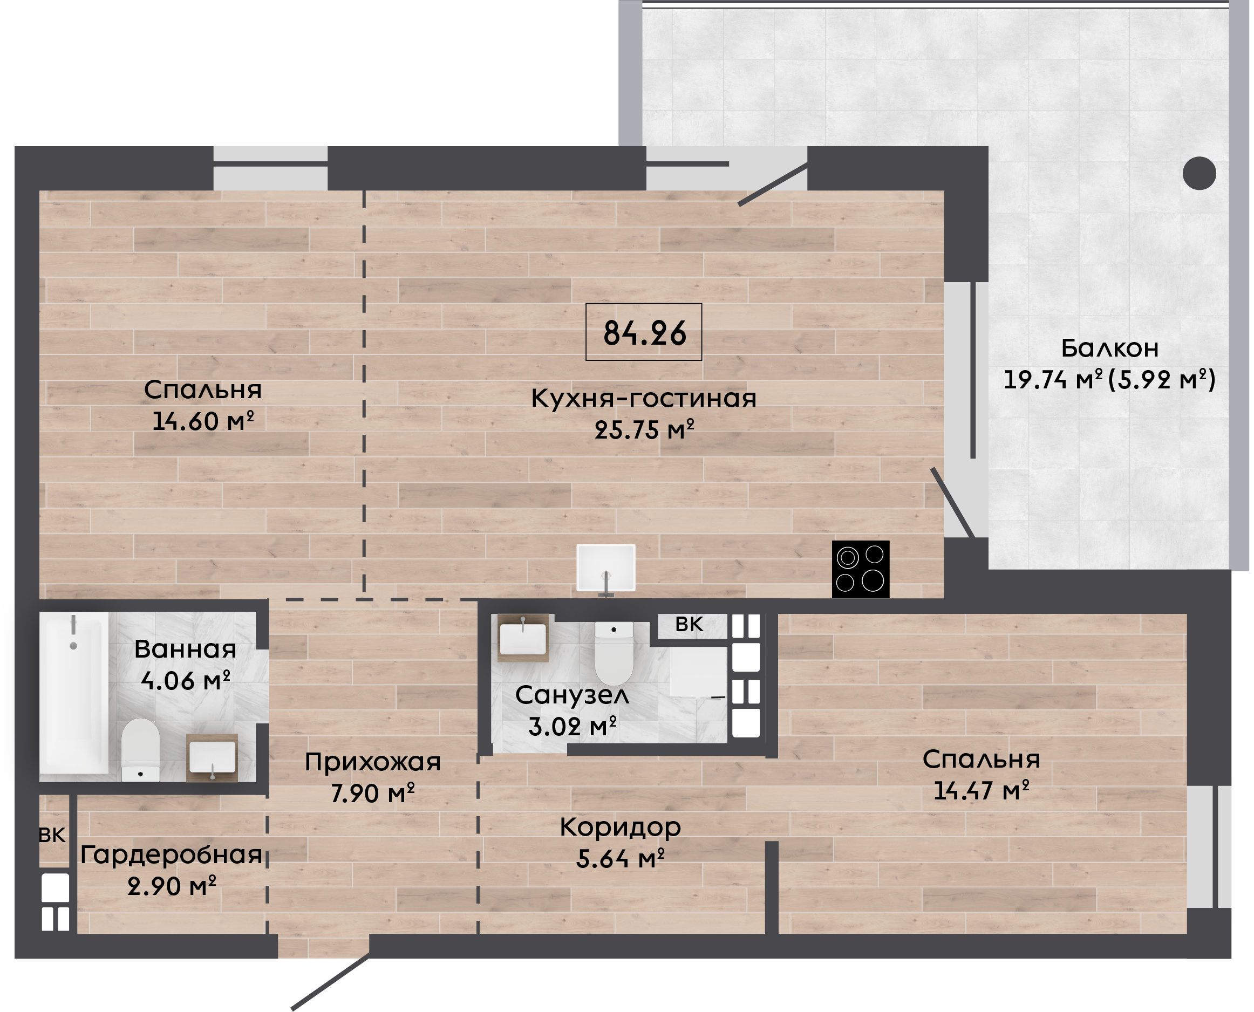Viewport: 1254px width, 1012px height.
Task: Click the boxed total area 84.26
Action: click(644, 332)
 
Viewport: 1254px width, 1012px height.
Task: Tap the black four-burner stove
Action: click(861, 570)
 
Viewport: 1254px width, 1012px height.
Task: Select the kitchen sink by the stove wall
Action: click(606, 569)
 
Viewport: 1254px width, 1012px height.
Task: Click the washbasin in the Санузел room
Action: click(523, 638)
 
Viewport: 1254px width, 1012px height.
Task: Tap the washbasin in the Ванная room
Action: click(212, 757)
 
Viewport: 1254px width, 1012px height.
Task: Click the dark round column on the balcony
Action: click(1199, 173)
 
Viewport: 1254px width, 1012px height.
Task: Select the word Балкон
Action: click(1109, 348)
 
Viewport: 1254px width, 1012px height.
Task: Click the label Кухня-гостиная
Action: click(644, 399)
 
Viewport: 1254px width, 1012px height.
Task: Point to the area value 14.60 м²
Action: click(203, 421)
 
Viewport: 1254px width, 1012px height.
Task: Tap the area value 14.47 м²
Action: click(981, 790)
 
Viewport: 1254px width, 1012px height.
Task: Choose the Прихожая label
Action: click(372, 762)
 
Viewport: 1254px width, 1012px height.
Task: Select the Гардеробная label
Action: click(172, 854)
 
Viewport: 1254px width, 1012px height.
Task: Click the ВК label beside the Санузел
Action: click(689, 624)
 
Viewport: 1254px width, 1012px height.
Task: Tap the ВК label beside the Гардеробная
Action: click(52, 836)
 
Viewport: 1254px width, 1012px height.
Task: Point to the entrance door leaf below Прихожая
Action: click(331, 981)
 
